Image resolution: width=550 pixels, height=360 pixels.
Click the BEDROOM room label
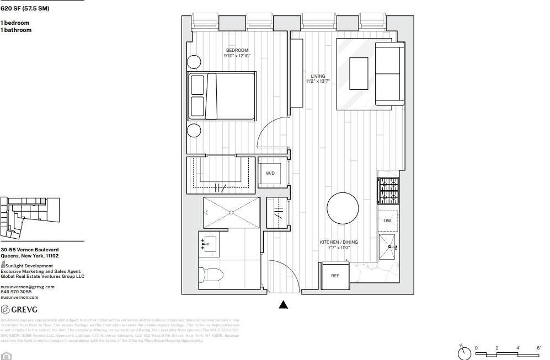pyautogui.click(x=237, y=50)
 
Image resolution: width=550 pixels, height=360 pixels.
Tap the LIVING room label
pyautogui.click(x=318, y=77)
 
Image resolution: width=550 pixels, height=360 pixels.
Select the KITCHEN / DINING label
pyautogui.click(x=339, y=242)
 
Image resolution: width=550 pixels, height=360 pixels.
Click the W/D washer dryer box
pyautogui.click(x=270, y=173)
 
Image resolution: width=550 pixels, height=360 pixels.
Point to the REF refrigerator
pyautogui.click(x=335, y=276)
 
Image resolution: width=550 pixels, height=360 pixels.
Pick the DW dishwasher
pyautogui.click(x=388, y=221)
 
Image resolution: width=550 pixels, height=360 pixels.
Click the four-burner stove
pyautogui.click(x=388, y=191)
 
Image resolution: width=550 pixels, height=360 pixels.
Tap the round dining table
pyautogui.click(x=343, y=208)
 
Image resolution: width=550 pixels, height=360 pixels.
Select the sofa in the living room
pyautogui.click(x=389, y=74)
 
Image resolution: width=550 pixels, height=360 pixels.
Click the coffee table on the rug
pyautogui.click(x=359, y=74)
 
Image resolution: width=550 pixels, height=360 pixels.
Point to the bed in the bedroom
pyautogui.click(x=222, y=96)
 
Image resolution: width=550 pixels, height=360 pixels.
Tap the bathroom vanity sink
pyautogui.click(x=210, y=244)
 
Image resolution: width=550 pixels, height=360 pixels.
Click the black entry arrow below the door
pyautogui.click(x=283, y=304)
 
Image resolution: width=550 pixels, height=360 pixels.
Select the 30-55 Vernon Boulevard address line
pyautogui.click(x=29, y=250)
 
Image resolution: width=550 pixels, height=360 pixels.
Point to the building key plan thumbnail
pyautogui.click(x=30, y=216)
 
